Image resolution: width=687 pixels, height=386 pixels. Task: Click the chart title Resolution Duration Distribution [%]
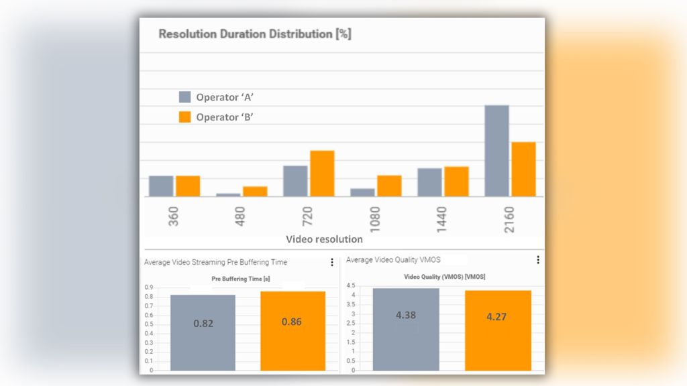click(x=254, y=34)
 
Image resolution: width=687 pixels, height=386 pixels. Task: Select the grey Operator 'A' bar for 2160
click(x=496, y=151)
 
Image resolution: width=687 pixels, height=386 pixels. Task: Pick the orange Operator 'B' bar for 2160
click(x=523, y=169)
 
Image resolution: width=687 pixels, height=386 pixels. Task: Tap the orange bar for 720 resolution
click(x=322, y=174)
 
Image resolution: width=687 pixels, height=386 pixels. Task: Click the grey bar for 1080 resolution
click(x=362, y=192)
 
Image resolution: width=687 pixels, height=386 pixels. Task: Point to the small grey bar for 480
click(x=228, y=194)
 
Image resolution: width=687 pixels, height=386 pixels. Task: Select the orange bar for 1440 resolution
click(x=456, y=182)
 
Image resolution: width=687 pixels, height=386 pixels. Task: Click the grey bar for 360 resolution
click(x=161, y=186)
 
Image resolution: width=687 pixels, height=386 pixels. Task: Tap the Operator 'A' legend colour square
click(x=185, y=97)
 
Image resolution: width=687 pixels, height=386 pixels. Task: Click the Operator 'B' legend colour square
click(x=185, y=117)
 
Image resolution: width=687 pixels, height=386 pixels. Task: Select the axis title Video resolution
click(x=324, y=239)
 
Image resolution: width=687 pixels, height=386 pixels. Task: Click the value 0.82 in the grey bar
click(x=203, y=323)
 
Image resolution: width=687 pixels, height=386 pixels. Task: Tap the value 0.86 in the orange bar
click(x=292, y=322)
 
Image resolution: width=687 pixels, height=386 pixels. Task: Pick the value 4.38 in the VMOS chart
click(x=406, y=315)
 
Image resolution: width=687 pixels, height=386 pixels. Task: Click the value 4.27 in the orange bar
click(x=496, y=317)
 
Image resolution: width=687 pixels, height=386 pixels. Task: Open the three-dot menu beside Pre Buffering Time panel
click(x=331, y=263)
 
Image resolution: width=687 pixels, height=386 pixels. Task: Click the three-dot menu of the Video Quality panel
click(x=537, y=260)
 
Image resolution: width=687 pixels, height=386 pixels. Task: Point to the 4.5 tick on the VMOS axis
click(x=350, y=285)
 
